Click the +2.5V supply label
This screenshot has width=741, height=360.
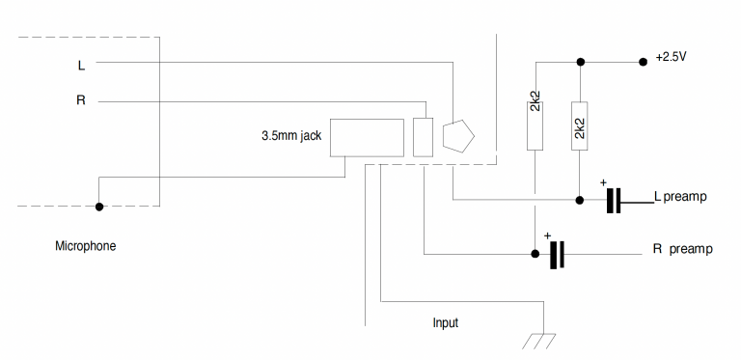[x=671, y=57]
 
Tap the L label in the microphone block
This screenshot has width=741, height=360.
[x=81, y=66]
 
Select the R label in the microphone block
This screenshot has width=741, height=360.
[x=81, y=99]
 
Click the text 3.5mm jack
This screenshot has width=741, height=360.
[x=290, y=136]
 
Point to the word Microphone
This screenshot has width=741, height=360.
[x=85, y=246]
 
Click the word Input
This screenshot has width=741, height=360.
[x=445, y=322]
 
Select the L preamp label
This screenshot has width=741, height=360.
[x=680, y=197]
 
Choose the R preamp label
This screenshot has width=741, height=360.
[x=682, y=249]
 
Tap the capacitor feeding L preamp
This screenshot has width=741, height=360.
[x=614, y=201]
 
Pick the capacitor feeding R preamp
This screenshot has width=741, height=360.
[x=556, y=255]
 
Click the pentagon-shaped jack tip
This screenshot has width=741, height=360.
[x=459, y=137]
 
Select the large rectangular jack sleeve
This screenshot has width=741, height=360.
[x=367, y=136]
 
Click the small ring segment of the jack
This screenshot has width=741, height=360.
[x=423, y=136]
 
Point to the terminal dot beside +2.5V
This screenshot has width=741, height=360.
[x=642, y=62]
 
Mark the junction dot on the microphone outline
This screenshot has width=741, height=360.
[x=98, y=206]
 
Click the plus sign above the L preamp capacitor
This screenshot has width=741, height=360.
[x=603, y=182]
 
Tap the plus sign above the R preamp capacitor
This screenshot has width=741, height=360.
[x=547, y=235]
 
